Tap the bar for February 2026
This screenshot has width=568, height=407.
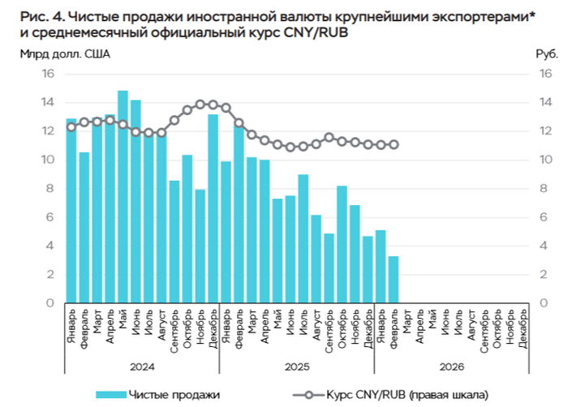394,280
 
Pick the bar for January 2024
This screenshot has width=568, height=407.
71,211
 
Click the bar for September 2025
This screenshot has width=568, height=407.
329,268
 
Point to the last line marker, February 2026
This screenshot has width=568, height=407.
394,145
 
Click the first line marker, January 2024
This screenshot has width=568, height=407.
71,127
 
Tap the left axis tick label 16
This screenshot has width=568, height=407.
48,74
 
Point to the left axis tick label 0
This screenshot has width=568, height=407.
50,303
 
